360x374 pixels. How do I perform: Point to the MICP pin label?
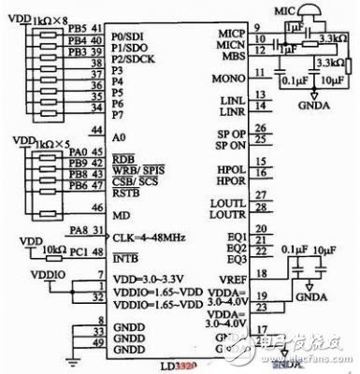click(229, 33)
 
